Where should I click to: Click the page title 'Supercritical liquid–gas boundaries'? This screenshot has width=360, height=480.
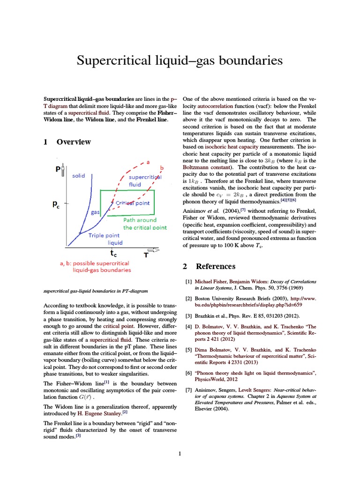(x=180, y=60)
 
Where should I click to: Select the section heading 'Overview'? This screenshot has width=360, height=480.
(x=74, y=142)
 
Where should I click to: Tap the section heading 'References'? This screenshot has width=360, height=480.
(x=215, y=266)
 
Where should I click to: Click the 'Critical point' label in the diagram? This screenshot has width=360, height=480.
(x=132, y=203)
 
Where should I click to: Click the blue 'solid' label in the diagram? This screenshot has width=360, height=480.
(x=79, y=176)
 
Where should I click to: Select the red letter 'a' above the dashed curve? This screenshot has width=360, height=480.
(x=148, y=162)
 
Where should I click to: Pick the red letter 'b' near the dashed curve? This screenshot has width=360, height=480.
(x=162, y=168)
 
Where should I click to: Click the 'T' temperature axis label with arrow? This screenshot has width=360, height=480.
(x=147, y=254)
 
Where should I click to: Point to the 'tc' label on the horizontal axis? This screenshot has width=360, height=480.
(x=114, y=254)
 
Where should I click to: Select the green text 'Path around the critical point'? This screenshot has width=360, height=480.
(x=144, y=224)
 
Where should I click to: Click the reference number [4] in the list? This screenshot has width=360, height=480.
(x=189, y=326)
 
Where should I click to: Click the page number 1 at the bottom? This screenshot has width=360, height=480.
(x=180, y=453)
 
